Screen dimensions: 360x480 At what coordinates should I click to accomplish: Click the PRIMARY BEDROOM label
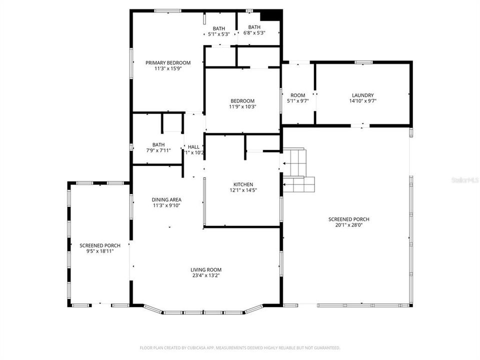pyautogui.click(x=168, y=62)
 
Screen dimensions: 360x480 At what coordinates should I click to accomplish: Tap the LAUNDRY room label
pyautogui.click(x=362, y=95)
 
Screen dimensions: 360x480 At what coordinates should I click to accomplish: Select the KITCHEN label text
pyautogui.click(x=242, y=184)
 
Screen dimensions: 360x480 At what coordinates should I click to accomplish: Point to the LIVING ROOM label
pyautogui.click(x=205, y=269)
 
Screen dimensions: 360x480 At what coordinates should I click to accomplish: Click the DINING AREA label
pyautogui.click(x=166, y=199)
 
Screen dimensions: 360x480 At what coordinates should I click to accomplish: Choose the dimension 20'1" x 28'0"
pyautogui.click(x=348, y=225)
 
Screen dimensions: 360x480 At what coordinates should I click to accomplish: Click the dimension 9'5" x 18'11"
pyautogui.click(x=100, y=251)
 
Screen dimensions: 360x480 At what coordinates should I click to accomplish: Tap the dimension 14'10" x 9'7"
pyautogui.click(x=362, y=101)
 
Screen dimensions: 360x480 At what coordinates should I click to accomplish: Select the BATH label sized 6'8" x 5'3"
pyautogui.click(x=254, y=27)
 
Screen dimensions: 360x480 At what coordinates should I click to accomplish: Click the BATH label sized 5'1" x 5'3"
pyautogui.click(x=218, y=28)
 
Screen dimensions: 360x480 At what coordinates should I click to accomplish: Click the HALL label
pyautogui.click(x=193, y=146)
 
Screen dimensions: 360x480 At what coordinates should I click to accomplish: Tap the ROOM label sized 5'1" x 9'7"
pyautogui.click(x=297, y=95)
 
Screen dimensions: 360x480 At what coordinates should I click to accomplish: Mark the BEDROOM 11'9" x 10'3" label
pyautogui.click(x=242, y=100)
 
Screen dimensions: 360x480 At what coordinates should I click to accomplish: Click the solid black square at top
pyautogui.click(x=270, y=15)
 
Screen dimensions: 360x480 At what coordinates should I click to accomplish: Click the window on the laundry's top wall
pyautogui.click(x=363, y=62)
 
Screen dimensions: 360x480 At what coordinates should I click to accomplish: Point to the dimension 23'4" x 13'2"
pyautogui.click(x=205, y=275)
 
